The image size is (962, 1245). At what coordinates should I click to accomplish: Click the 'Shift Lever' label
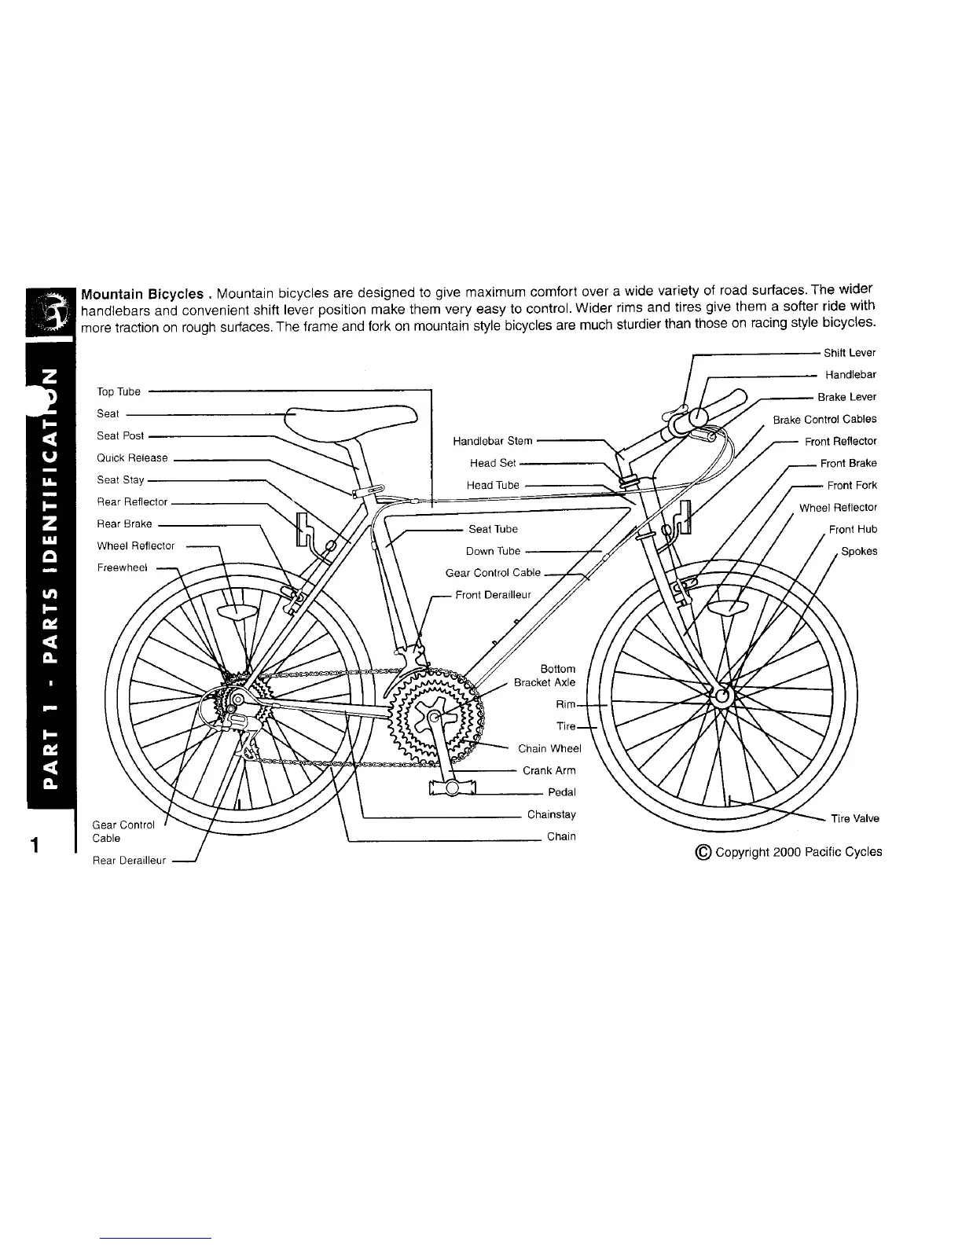pyautogui.click(x=849, y=353)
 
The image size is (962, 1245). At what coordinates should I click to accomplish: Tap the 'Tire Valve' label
pyautogui.click(x=855, y=819)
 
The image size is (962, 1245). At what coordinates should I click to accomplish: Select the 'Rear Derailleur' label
pyautogui.click(x=129, y=861)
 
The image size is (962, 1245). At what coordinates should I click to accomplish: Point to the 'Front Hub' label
pyautogui.click(x=853, y=530)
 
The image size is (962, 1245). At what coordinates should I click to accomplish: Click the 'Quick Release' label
pyautogui.click(x=132, y=458)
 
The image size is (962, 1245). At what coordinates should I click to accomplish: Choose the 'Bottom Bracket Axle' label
pyautogui.click(x=546, y=676)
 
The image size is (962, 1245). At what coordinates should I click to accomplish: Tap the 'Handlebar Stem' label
pyautogui.click(x=493, y=441)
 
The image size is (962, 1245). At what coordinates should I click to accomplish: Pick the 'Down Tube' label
pyautogui.click(x=493, y=551)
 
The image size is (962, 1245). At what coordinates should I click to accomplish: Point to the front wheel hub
pyautogui.click(x=722, y=695)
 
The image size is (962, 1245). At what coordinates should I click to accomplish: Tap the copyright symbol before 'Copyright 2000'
pyautogui.click(x=703, y=852)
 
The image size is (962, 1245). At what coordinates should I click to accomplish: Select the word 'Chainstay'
pyautogui.click(x=551, y=814)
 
